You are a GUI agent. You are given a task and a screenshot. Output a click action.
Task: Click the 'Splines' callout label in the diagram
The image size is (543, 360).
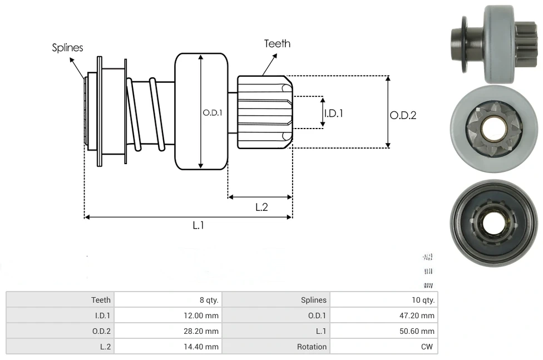point(67,48)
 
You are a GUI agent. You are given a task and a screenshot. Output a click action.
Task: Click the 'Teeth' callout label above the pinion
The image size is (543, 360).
point(277,43)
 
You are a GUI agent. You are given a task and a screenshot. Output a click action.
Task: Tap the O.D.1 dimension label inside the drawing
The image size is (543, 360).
point(213,112)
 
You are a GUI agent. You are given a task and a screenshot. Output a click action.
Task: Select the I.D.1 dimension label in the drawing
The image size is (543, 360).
point(333,113)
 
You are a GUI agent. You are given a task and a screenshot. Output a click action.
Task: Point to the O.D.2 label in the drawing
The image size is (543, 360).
point(403,115)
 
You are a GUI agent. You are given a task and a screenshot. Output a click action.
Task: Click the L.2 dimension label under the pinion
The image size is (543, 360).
point(261,207)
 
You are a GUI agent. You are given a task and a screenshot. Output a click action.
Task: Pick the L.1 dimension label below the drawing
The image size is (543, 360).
point(199,225)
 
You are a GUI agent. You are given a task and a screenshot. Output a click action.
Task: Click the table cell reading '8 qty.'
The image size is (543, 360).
point(209,300)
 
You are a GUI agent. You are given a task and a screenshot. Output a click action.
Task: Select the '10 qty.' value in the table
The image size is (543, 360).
point(423,300)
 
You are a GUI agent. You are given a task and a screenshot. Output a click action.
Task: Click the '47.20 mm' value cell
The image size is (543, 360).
point(419,315)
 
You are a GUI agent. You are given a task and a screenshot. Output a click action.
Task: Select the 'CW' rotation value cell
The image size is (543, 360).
point(428,347)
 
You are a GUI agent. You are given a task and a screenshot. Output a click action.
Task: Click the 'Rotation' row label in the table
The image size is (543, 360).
point(312,347)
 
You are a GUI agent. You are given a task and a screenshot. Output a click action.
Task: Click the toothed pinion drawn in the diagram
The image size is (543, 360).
point(265,112)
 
